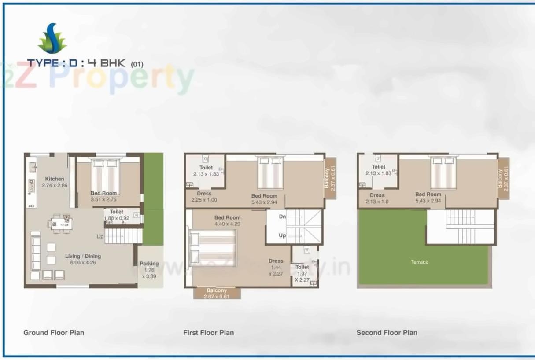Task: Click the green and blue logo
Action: pos(52,38)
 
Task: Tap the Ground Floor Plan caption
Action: pos(54,333)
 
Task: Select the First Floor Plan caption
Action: pos(209,333)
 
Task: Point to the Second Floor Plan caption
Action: pos(387,333)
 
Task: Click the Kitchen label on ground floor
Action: pos(55,179)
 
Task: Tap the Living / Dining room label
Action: pos(83,256)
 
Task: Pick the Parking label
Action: pos(149,264)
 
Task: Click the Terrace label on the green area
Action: pos(420,262)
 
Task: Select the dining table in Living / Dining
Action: pos(59,223)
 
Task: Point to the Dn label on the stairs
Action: pos(282,217)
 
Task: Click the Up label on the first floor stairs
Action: pos(282,235)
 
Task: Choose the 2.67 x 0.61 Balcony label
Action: pos(217,293)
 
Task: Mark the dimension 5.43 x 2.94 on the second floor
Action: pos(428,201)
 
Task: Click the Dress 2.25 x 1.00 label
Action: pos(204,197)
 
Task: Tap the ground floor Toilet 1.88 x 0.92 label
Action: pos(117,215)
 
